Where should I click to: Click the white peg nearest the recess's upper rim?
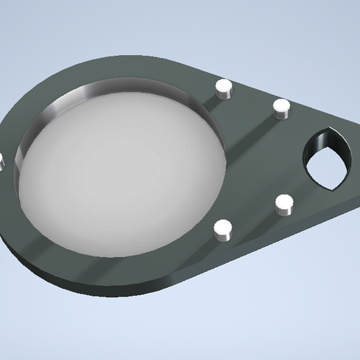point(223,87)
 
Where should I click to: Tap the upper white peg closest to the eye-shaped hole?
point(281,107)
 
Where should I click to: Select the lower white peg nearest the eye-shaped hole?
point(284,204)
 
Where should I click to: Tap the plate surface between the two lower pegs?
point(253,218)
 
